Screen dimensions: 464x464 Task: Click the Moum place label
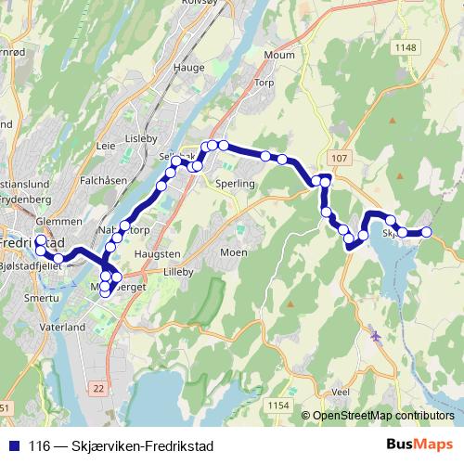pos(279,56)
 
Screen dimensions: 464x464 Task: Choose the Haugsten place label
pos(159,253)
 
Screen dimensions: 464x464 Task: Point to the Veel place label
pos(340,392)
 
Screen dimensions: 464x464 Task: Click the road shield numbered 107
pos(338,159)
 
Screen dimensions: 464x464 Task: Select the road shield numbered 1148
pos(406,47)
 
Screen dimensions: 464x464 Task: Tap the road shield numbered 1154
pos(277,405)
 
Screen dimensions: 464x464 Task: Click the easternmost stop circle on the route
pos(427,232)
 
